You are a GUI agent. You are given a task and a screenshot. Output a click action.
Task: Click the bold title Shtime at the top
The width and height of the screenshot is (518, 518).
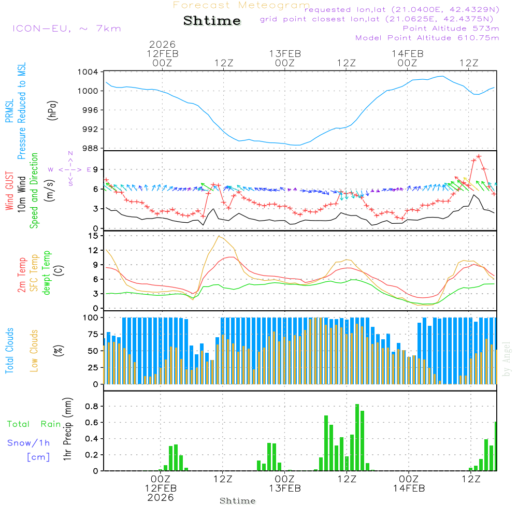pyautogui.click(x=212, y=21)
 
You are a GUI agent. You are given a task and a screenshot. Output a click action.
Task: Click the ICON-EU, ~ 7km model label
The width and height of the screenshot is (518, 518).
pyautogui.click(x=66, y=28)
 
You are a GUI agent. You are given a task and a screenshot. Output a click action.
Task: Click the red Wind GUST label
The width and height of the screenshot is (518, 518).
pyautogui.click(x=9, y=192)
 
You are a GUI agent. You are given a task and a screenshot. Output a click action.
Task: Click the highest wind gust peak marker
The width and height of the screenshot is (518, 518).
pyautogui.click(x=479, y=156)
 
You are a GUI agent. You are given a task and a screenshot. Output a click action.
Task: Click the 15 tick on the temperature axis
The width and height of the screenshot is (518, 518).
pyautogui.click(x=93, y=236)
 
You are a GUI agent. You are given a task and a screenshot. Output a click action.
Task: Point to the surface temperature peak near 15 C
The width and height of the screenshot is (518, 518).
pyautogui.click(x=220, y=236)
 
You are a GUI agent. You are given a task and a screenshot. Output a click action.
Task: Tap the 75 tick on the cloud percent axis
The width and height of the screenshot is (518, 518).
pyautogui.click(x=94, y=335)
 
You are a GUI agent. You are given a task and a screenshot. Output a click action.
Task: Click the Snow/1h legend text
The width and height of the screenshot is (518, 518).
pyautogui.click(x=28, y=443)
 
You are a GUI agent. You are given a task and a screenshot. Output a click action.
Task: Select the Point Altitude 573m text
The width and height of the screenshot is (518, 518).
pyautogui.click(x=451, y=28)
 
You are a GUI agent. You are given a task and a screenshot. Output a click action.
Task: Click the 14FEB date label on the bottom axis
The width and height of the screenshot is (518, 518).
pyautogui.click(x=409, y=488)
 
